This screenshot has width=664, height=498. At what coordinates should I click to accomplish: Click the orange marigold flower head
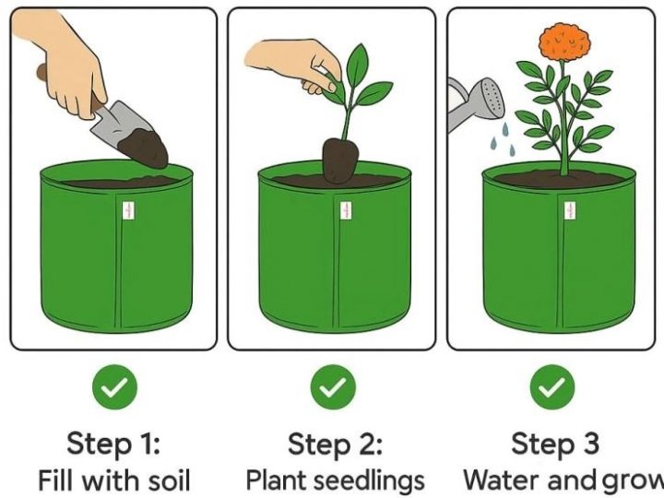tap(563, 41)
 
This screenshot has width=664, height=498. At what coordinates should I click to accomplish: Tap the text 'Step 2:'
tap(335, 444)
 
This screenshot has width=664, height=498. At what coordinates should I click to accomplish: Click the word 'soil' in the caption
tap(166, 480)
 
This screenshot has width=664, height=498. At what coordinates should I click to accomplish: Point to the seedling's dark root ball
tap(339, 160)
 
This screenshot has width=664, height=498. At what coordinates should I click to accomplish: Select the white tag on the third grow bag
tap(567, 211)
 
